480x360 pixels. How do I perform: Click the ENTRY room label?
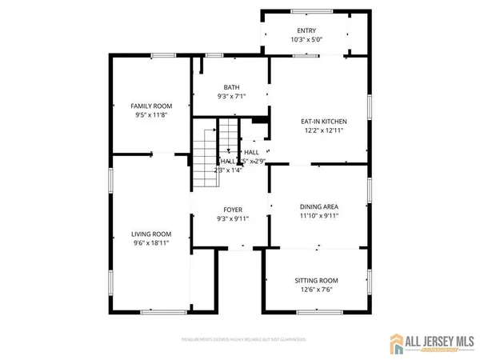pyautogui.click(x=307, y=30)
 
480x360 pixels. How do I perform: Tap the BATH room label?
pyautogui.click(x=232, y=88)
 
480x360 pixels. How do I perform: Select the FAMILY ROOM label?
pyautogui.click(x=152, y=106)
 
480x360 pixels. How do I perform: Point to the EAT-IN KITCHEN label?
pyautogui.click(x=324, y=122)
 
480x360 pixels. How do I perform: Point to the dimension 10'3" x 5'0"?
pyautogui.click(x=307, y=39)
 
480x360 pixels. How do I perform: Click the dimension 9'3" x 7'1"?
pyautogui.click(x=232, y=98)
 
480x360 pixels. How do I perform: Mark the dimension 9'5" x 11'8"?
pyautogui.click(x=152, y=116)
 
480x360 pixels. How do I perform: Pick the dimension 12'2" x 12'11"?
pyautogui.click(x=324, y=131)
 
